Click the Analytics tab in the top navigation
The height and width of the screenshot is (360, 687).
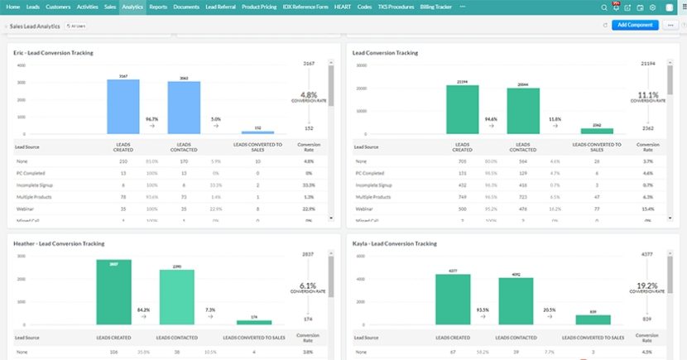pyautogui.click(x=132, y=7)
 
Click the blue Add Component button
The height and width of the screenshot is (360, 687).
pyautogui.click(x=635, y=25)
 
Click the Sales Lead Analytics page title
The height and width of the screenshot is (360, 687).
pyautogui.click(x=34, y=26)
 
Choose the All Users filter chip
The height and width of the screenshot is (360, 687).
pyautogui.click(x=76, y=26)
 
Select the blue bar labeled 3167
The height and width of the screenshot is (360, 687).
pyautogui.click(x=123, y=107)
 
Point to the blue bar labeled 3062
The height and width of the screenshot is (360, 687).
pyautogui.click(x=184, y=108)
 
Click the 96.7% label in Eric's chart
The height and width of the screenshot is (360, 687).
pyautogui.click(x=152, y=119)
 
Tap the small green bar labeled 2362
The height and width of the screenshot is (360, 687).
pyautogui.click(x=597, y=131)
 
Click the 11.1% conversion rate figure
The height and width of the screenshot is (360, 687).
pyautogui.click(x=648, y=94)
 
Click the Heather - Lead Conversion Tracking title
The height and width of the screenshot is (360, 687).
pyautogui.click(x=58, y=243)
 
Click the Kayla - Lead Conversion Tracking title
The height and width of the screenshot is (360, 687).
pyautogui.click(x=395, y=243)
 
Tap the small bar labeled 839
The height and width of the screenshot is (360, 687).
pyautogui.click(x=593, y=319)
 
